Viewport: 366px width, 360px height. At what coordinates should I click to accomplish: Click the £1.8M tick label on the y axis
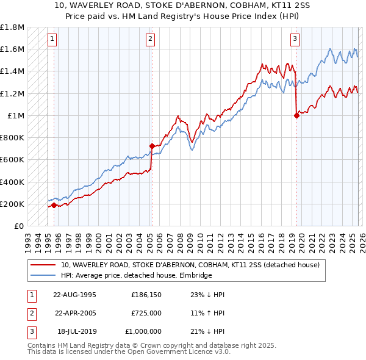point(12,27)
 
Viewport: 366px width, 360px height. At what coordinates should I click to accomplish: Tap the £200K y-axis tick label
point(12,204)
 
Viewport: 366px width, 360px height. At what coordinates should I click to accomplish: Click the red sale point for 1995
point(54,206)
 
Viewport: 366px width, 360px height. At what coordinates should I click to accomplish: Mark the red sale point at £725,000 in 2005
point(152,146)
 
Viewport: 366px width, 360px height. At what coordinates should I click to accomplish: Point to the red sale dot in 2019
point(296,115)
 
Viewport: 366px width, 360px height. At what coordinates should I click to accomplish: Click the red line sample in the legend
point(44,265)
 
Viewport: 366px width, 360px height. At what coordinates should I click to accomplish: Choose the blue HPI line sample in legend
point(44,275)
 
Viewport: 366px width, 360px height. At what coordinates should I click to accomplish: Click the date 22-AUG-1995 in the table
point(75,295)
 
